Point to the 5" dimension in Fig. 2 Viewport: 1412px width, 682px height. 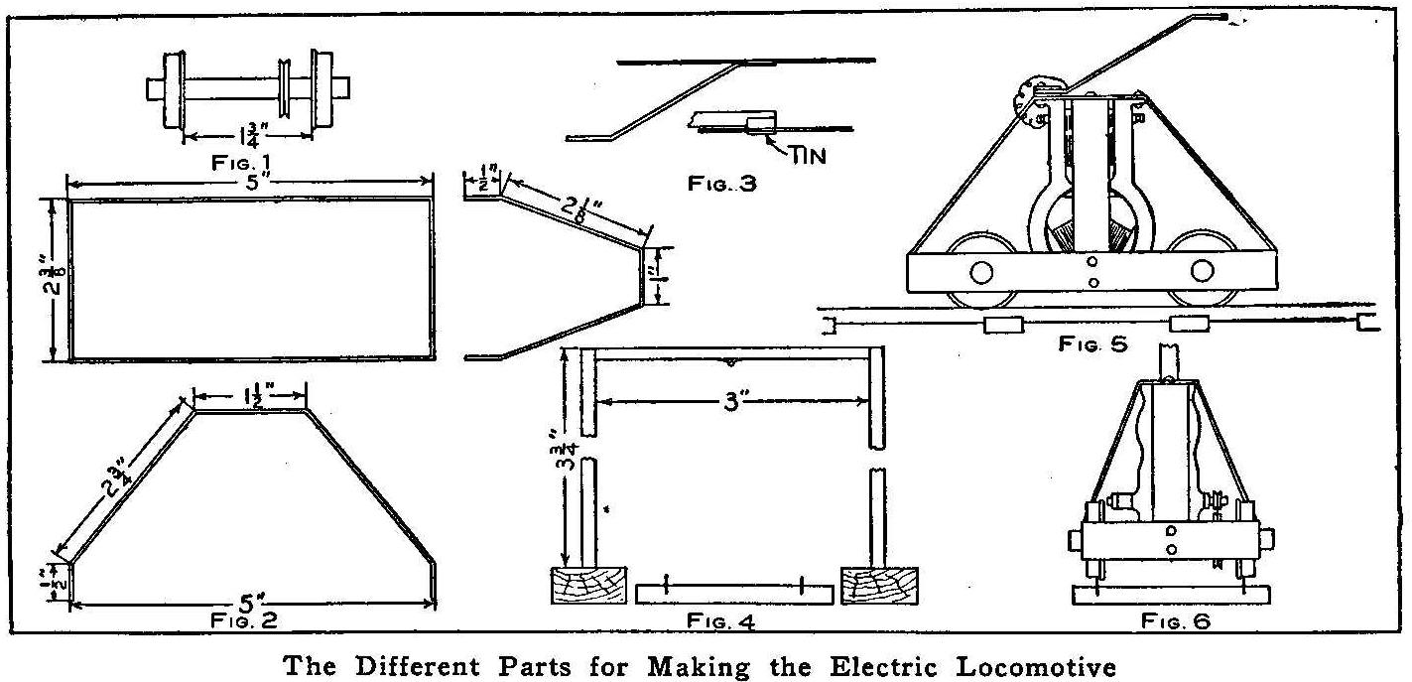click(249, 602)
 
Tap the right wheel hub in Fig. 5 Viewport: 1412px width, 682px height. click(1204, 270)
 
